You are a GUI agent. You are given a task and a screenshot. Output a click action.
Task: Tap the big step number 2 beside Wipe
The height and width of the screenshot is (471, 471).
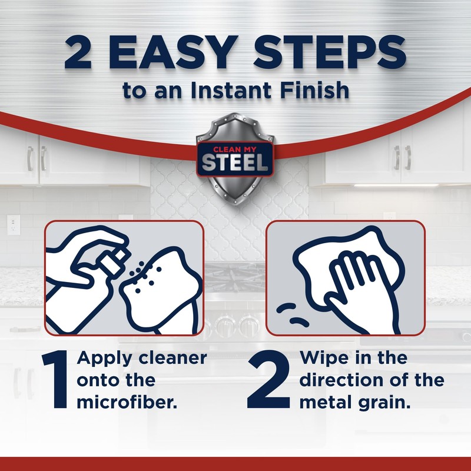pos(269,381)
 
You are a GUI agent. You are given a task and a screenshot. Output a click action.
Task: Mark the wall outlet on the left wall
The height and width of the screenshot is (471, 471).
pos(13,224)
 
